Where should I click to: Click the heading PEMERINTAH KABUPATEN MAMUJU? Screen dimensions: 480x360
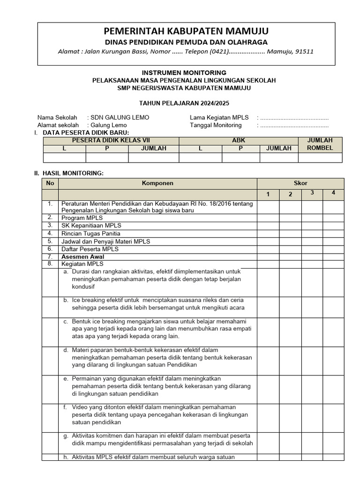[186, 31]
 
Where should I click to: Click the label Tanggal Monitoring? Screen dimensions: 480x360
[216, 125]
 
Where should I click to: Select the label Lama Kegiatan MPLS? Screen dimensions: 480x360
[219, 117]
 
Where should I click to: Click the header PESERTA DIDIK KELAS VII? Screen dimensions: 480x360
[111, 141]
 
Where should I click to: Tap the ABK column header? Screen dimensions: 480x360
[239, 141]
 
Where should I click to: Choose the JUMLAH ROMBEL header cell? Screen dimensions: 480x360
[320, 144]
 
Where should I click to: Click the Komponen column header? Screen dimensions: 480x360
[157, 183]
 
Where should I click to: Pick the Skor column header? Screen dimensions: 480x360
[300, 183]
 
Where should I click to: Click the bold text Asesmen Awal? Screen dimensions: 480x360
[82, 257]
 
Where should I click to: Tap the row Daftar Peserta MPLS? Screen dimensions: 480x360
[90, 249]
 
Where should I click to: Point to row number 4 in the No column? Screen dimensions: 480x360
[50, 233]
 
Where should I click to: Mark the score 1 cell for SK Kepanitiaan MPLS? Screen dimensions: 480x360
[268, 226]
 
